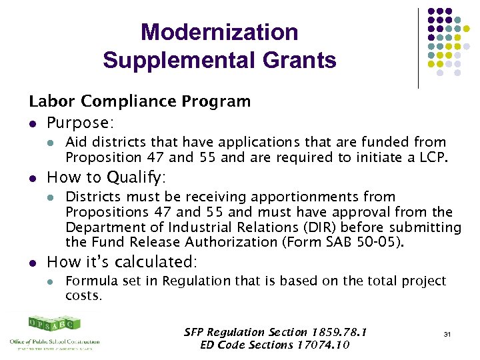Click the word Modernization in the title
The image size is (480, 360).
(x=219, y=32)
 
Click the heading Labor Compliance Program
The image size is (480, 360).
(x=139, y=101)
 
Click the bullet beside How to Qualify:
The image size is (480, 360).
(x=32, y=178)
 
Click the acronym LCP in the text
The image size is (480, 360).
(x=436, y=158)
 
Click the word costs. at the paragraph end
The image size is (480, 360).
(x=83, y=295)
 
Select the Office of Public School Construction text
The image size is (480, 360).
(x=55, y=342)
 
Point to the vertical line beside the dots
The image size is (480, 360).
(x=419, y=48)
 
